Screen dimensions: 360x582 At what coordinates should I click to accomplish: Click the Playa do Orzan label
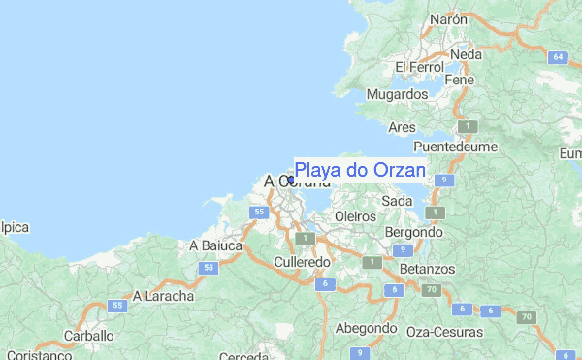coord(360,171)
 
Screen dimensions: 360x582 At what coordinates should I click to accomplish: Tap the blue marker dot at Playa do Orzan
coord(290,180)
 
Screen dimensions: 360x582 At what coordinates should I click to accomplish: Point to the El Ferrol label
coord(419,67)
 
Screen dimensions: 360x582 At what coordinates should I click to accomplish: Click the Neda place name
coord(466,55)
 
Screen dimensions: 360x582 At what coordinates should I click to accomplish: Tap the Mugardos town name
coord(398,94)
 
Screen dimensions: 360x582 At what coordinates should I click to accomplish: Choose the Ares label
coord(401,127)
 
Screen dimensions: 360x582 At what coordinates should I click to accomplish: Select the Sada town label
coord(397,200)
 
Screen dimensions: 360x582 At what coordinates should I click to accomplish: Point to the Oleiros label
coord(354,215)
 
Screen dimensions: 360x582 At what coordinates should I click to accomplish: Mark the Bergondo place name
coord(414,233)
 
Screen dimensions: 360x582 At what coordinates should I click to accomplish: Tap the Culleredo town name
coord(303,262)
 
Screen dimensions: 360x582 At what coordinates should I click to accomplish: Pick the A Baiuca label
coord(215,245)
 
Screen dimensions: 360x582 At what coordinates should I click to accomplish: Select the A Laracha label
coord(164,295)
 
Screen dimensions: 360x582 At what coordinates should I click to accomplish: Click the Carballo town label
coord(89,336)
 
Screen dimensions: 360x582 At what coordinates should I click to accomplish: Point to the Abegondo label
coord(367,328)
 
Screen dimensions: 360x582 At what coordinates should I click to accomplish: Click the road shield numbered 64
coord(558,57)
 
